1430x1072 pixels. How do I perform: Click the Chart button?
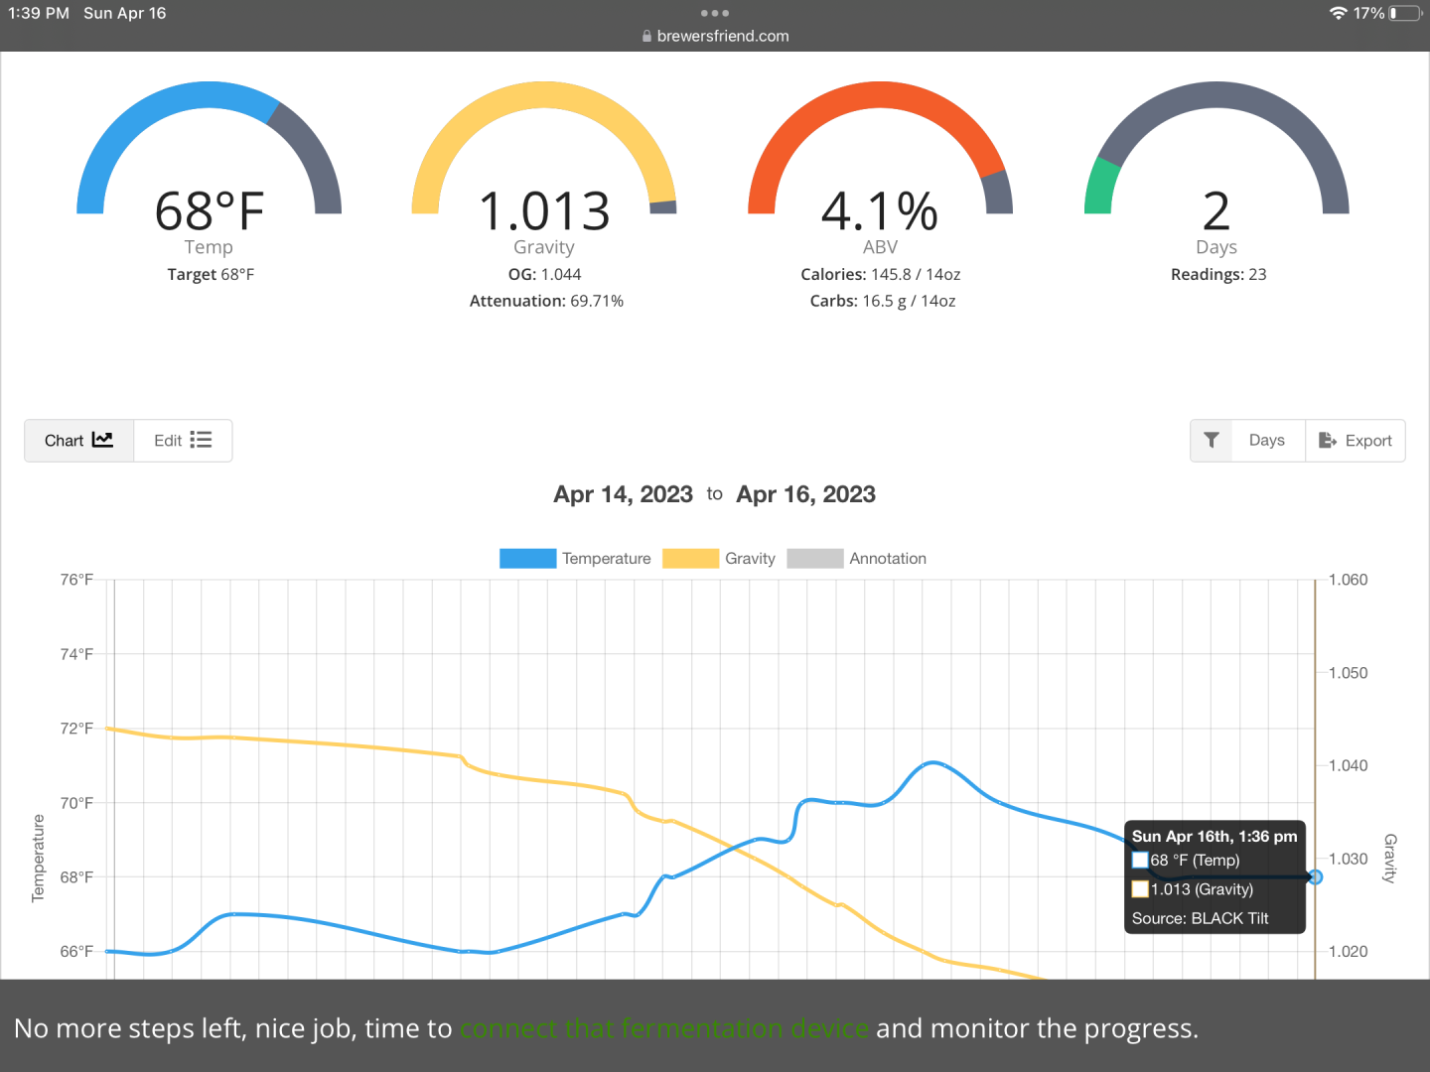tap(78, 441)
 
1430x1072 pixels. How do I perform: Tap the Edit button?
tap(183, 441)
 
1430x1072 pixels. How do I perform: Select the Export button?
tap(1356, 441)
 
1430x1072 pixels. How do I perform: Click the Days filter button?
tap(1266, 441)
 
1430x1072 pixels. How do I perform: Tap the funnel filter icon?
tap(1212, 441)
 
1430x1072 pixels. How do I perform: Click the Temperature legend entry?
tap(576, 559)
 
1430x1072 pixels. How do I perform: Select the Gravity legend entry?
tap(720, 559)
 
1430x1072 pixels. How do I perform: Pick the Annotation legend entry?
tap(857, 559)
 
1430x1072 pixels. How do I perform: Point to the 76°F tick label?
tap(76, 580)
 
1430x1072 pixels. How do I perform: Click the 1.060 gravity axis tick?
tap(1348, 580)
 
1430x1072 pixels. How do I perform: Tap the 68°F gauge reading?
tap(210, 211)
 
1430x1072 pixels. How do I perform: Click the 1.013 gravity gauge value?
tap(544, 211)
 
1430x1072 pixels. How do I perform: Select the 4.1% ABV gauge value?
tap(880, 211)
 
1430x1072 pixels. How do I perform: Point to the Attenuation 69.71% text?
tap(546, 301)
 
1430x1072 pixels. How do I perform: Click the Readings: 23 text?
tap(1218, 275)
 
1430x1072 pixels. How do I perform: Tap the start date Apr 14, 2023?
tap(623, 494)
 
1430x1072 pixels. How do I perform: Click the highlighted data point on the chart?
tap(1315, 877)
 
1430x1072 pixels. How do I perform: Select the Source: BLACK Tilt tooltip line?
tap(1200, 918)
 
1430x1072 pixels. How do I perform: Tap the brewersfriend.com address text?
tap(723, 36)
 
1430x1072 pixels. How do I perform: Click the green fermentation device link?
tap(664, 1028)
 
